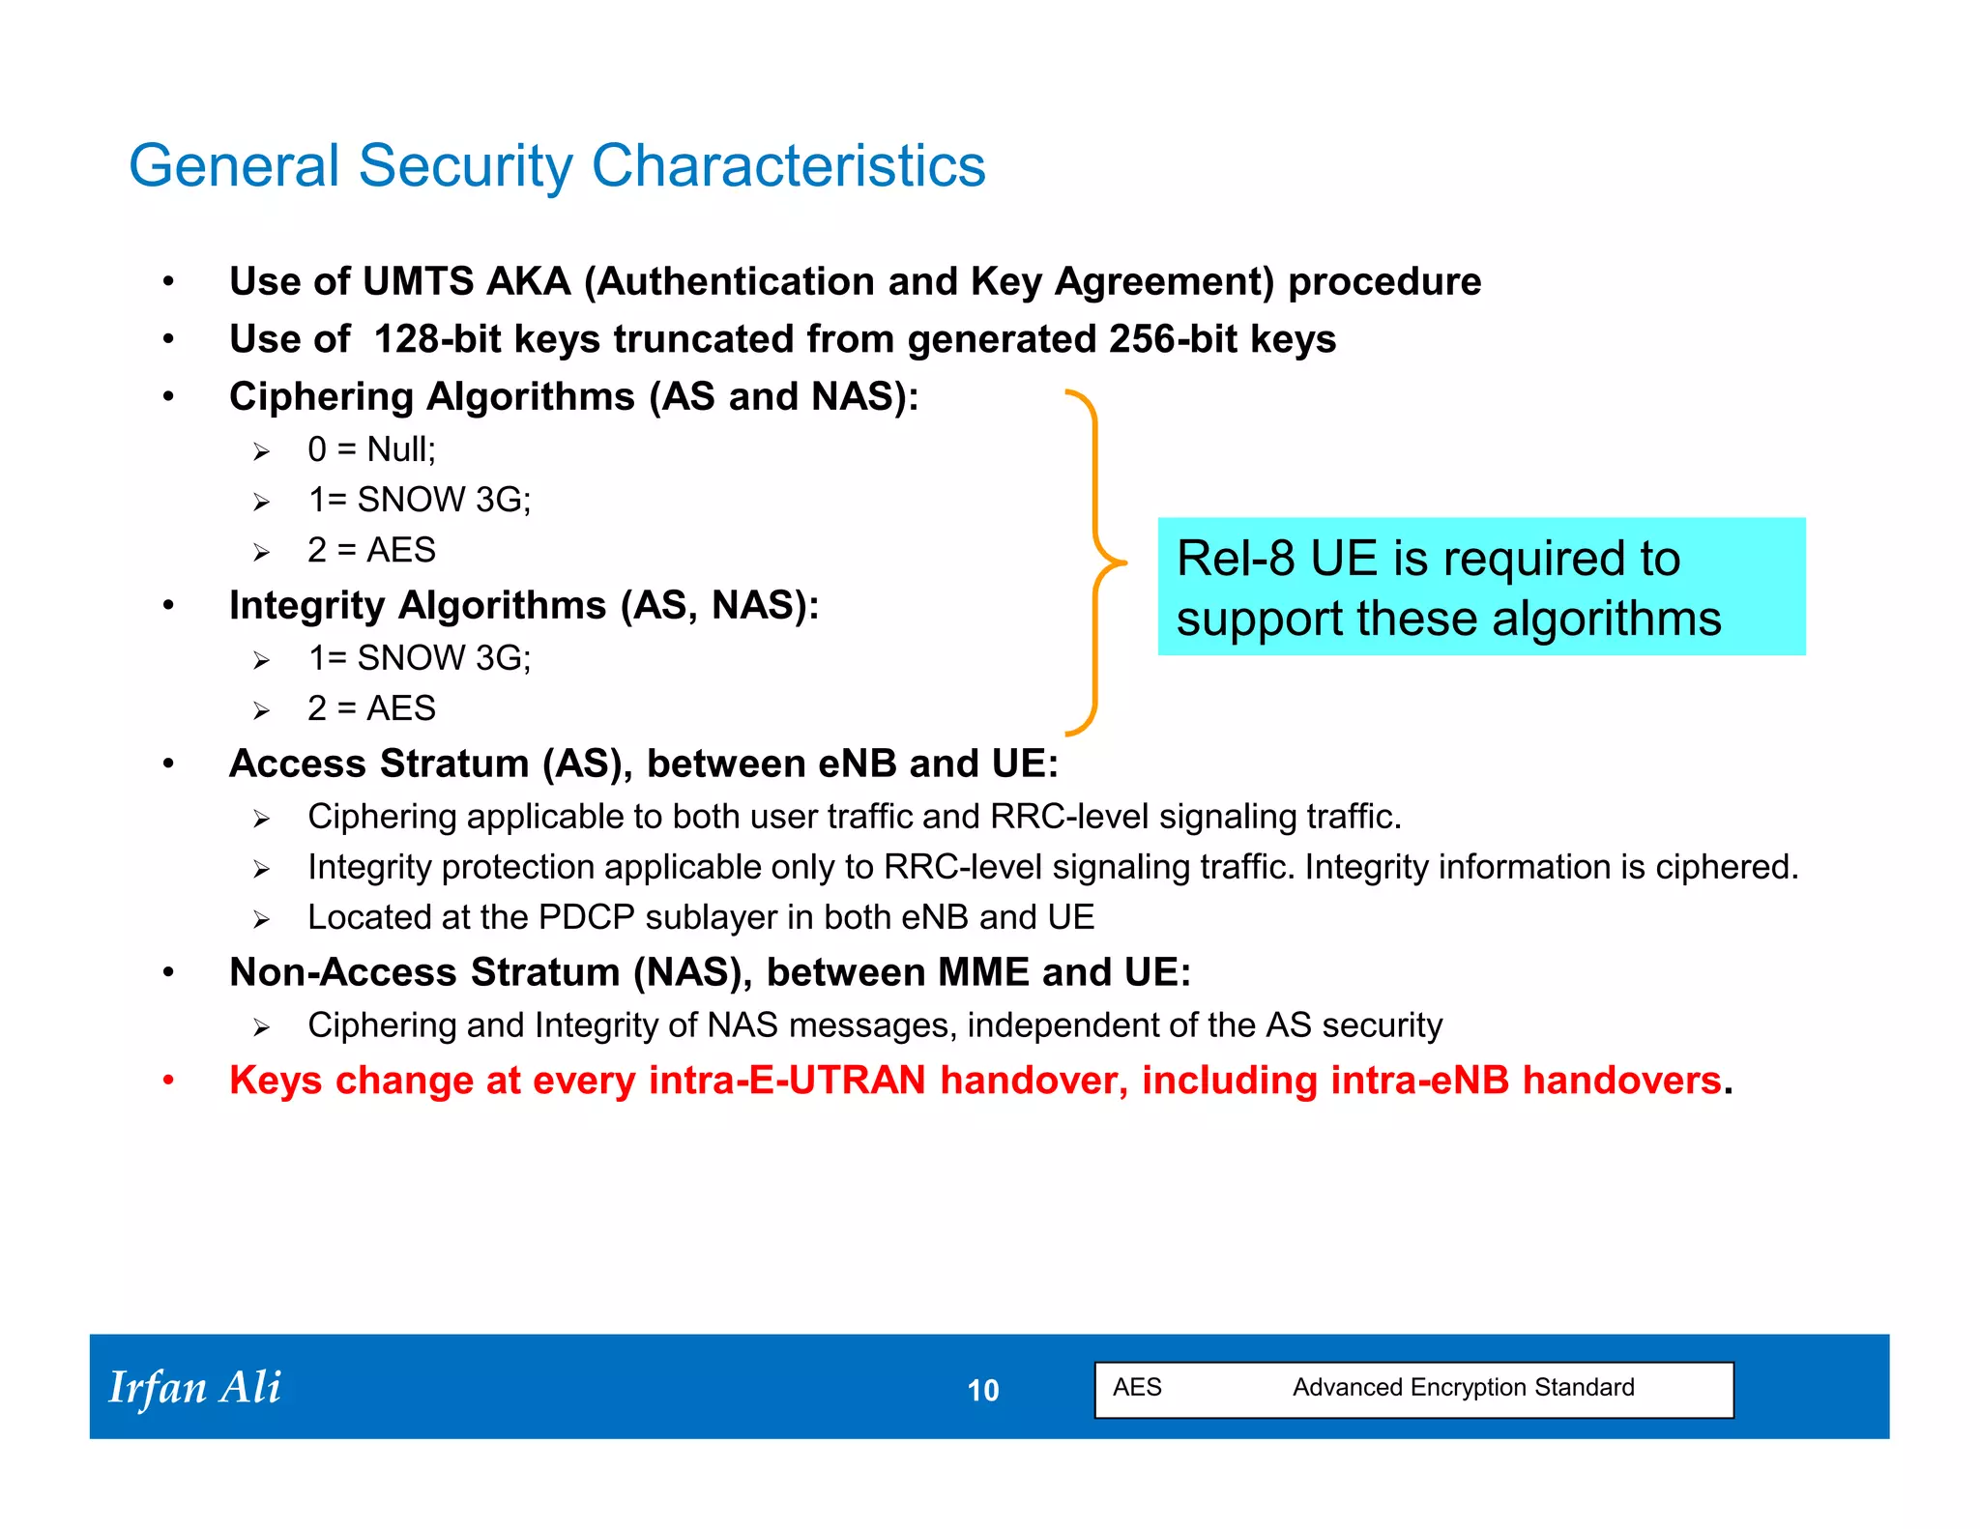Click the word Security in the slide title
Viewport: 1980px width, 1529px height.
(x=465, y=166)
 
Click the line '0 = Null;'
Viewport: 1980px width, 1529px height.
(x=371, y=449)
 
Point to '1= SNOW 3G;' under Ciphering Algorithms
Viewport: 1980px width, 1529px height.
(x=419, y=500)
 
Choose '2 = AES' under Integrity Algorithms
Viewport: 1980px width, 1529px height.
(x=371, y=708)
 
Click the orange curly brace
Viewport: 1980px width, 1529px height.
(x=1095, y=563)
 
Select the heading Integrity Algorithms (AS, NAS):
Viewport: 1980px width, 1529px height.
(x=523, y=606)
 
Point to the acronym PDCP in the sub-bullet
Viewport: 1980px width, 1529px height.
(x=586, y=917)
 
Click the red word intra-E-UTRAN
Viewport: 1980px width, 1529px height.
(x=787, y=1081)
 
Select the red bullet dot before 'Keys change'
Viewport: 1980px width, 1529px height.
(x=168, y=1081)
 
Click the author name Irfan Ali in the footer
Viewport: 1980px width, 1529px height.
(x=194, y=1388)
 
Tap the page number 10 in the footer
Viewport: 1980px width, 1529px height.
(x=982, y=1391)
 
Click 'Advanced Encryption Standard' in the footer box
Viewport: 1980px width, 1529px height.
(x=1463, y=1388)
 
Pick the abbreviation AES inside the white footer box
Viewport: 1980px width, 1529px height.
(x=1137, y=1388)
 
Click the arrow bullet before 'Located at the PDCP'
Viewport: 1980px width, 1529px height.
(x=261, y=919)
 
